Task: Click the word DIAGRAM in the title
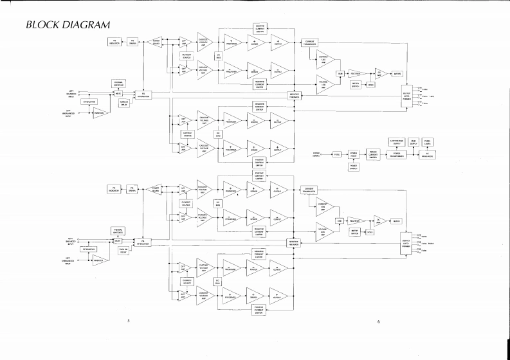[86, 25]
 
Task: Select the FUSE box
[336, 154]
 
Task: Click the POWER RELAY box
[354, 154]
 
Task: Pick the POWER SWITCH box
[354, 166]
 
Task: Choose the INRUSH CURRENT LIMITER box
[372, 154]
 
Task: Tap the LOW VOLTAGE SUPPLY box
[396, 141]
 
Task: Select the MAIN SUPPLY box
[415, 141]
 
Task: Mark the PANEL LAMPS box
[428, 141]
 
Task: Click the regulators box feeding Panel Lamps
[428, 154]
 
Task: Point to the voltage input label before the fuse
[316, 154]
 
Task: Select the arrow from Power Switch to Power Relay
[354, 161]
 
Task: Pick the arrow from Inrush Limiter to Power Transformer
[383, 154]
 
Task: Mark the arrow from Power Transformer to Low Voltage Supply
[396, 148]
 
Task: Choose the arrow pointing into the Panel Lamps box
[428, 148]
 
